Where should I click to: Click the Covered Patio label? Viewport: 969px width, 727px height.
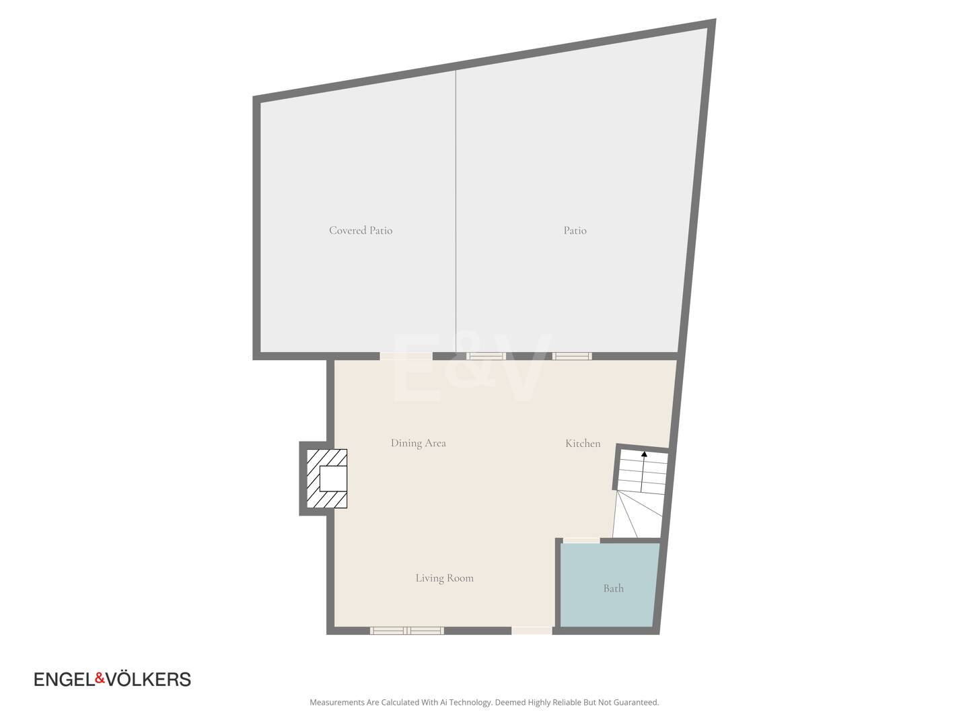(x=360, y=230)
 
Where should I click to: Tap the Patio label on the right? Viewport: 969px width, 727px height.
(x=575, y=230)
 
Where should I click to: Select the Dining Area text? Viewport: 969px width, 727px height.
(x=418, y=443)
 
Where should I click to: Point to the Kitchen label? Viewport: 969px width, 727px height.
(x=583, y=443)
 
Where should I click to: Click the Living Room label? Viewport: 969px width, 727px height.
(x=444, y=578)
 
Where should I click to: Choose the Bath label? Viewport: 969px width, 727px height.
(x=613, y=588)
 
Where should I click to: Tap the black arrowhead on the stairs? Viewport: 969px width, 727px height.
(x=644, y=453)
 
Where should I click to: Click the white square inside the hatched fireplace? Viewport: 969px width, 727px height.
(x=333, y=479)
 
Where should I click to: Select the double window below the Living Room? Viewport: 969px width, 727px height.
(x=406, y=631)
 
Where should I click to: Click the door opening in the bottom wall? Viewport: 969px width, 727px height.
(x=532, y=631)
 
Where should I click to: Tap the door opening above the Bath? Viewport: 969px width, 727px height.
(x=581, y=541)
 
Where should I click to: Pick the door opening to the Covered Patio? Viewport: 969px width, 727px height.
(x=406, y=356)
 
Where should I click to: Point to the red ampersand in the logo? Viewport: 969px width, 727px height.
(x=100, y=679)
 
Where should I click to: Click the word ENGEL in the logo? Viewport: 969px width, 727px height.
(x=65, y=679)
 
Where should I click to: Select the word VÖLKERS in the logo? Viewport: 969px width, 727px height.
(x=149, y=679)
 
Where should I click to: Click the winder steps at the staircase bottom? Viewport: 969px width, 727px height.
(x=637, y=515)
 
